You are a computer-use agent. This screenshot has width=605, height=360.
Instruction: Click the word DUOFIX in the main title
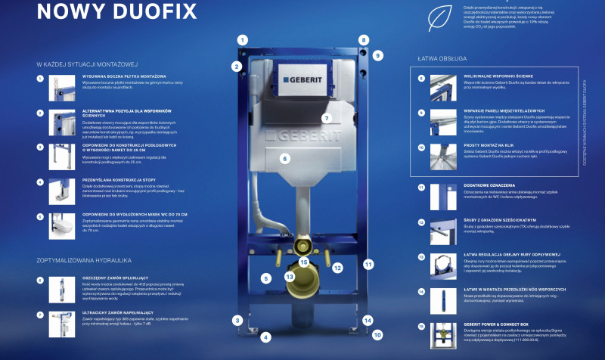pyautogui.click(x=154, y=11)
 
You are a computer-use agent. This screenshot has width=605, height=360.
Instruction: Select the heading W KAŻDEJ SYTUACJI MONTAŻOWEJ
pyautogui.click(x=89, y=64)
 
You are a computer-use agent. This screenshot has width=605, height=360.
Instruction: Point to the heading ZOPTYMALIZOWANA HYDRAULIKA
pyautogui.click(x=83, y=260)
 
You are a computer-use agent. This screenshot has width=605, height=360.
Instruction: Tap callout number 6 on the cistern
pyautogui.click(x=285, y=159)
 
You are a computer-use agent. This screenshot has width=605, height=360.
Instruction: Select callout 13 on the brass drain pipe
pyautogui.click(x=289, y=277)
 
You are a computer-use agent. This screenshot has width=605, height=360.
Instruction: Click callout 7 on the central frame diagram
pyautogui.click(x=327, y=118)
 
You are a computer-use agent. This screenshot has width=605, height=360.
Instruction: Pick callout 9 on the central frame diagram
pyautogui.click(x=378, y=55)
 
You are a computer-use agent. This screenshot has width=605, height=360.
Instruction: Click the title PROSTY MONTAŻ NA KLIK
pyautogui.click(x=489, y=143)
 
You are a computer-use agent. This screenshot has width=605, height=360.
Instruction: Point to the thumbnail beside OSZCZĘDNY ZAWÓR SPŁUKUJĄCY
pyautogui.click(x=60, y=290)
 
